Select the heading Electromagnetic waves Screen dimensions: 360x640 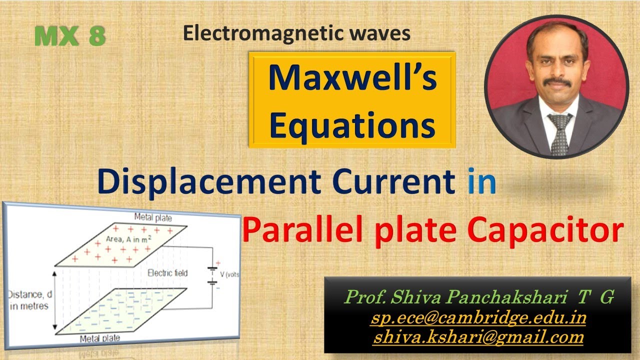click(x=296, y=33)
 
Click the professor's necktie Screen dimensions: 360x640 click(x=559, y=133)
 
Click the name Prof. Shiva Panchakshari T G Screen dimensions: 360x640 click(x=478, y=297)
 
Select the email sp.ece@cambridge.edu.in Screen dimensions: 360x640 click(x=478, y=317)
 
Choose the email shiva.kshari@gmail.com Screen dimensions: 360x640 click(x=478, y=337)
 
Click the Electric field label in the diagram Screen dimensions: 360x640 click(x=167, y=273)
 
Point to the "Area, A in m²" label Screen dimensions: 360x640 click(x=129, y=239)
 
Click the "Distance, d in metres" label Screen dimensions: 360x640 click(x=30, y=299)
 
